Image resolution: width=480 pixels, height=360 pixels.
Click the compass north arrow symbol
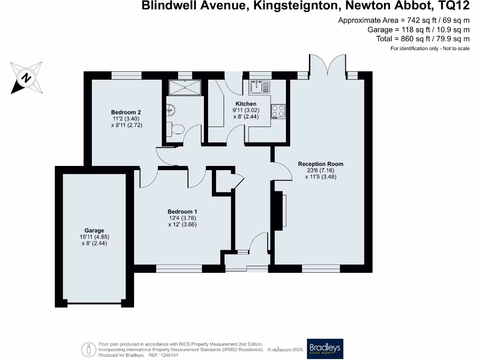click(26, 77)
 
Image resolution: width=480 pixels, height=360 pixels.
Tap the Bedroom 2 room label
click(126, 112)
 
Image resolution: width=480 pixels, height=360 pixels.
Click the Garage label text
click(94, 231)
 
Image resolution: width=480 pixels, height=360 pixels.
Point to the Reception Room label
click(321, 164)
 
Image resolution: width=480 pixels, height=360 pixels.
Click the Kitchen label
click(246, 104)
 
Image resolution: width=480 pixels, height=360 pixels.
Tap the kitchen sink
click(260, 87)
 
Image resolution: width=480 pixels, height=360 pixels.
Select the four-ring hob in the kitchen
click(277, 112)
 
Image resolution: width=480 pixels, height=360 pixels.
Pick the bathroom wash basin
click(171, 110)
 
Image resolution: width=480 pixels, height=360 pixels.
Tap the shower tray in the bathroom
click(185, 87)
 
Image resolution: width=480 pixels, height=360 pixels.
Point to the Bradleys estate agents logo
click(325, 349)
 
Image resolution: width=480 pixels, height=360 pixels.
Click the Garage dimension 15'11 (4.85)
click(94, 237)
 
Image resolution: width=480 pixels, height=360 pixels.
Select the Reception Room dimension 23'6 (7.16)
click(321, 171)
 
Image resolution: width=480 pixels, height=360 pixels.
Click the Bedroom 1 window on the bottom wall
click(179, 269)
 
